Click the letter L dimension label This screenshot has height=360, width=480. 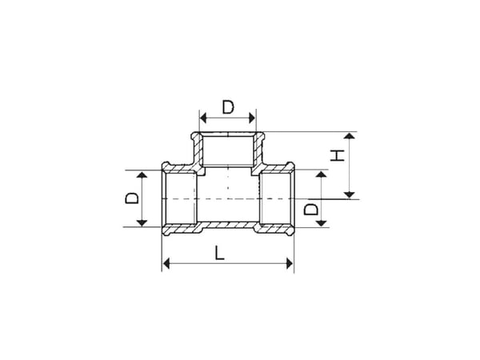pyautogui.click(x=219, y=253)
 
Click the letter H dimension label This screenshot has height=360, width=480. pyautogui.click(x=338, y=155)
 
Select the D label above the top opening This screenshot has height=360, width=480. pyautogui.click(x=228, y=107)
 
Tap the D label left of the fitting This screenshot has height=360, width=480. pyautogui.click(x=132, y=198)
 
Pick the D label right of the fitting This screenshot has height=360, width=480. pyautogui.click(x=311, y=210)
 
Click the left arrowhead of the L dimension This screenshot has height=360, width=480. pyautogui.click(x=166, y=263)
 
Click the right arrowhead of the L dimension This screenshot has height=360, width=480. pyautogui.click(x=290, y=263)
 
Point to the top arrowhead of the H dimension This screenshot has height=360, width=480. pyautogui.click(x=350, y=136)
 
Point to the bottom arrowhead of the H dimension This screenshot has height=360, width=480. pyautogui.click(x=350, y=194)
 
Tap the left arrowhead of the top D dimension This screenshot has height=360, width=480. pyautogui.click(x=203, y=118)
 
